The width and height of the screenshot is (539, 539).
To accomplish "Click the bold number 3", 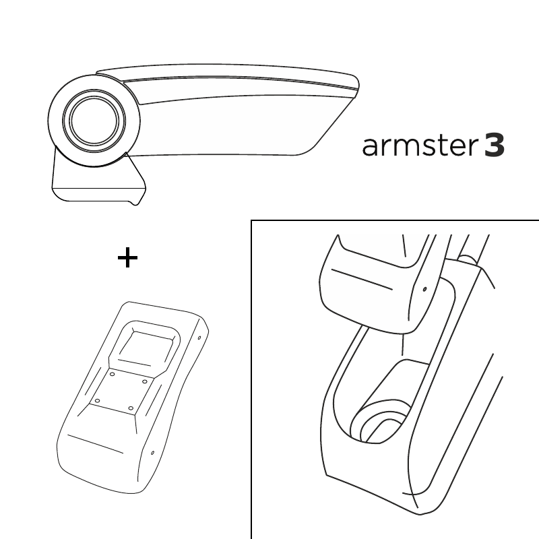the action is coord(495,146).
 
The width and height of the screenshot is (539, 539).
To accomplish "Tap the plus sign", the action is coord(127,257).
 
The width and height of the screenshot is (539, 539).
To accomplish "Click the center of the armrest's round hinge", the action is coord(94,121).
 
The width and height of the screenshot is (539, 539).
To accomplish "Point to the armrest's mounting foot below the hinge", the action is coord(98,181).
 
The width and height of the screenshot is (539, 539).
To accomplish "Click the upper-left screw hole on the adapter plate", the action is coord(112,375).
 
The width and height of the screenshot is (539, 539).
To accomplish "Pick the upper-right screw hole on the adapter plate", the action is coord(145,381).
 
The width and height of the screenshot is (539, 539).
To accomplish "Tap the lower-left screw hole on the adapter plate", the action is coord(98,401).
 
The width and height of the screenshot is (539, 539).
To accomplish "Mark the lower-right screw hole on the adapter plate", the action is coord(131,408).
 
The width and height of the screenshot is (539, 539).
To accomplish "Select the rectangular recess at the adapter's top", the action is coord(145,347).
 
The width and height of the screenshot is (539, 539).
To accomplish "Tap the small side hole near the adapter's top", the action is coord(199,338).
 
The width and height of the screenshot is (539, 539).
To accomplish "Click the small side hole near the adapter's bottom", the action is coord(153,453).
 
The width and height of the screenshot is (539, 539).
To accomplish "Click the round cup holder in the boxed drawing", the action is coord(380,422).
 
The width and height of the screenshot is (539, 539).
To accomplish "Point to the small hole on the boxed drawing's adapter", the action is coord(425,289).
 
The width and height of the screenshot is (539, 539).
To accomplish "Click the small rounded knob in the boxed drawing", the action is coord(468,259).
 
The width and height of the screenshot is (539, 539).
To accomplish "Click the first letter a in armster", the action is coord(370,148).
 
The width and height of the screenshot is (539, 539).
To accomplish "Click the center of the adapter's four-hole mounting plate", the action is coord(121,391).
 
